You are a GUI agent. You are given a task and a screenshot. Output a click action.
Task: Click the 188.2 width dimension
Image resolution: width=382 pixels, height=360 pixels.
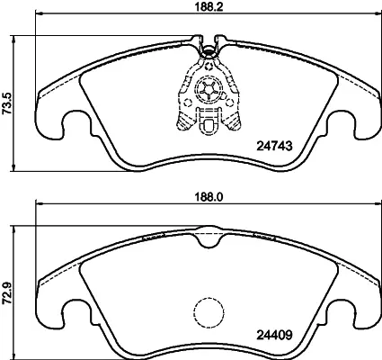click(x=209, y=7)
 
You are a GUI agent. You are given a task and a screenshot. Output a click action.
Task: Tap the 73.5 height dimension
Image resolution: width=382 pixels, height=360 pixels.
click(x=6, y=103)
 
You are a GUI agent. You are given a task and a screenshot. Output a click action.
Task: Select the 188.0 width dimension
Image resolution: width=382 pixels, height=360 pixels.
click(x=209, y=197)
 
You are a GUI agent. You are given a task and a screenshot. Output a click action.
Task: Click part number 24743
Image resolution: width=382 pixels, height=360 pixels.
click(x=274, y=146)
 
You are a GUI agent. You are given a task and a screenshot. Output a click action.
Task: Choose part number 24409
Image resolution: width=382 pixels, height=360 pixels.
click(x=274, y=335)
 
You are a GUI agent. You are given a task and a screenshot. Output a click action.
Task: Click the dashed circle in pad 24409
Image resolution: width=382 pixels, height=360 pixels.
click(x=209, y=312)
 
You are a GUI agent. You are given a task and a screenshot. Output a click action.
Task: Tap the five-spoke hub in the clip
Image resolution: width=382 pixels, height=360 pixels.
click(x=209, y=89)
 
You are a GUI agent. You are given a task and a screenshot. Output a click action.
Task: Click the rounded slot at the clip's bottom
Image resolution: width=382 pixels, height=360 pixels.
click(x=209, y=125)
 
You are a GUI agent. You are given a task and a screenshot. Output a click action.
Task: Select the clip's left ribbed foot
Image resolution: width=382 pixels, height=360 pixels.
click(x=183, y=122)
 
